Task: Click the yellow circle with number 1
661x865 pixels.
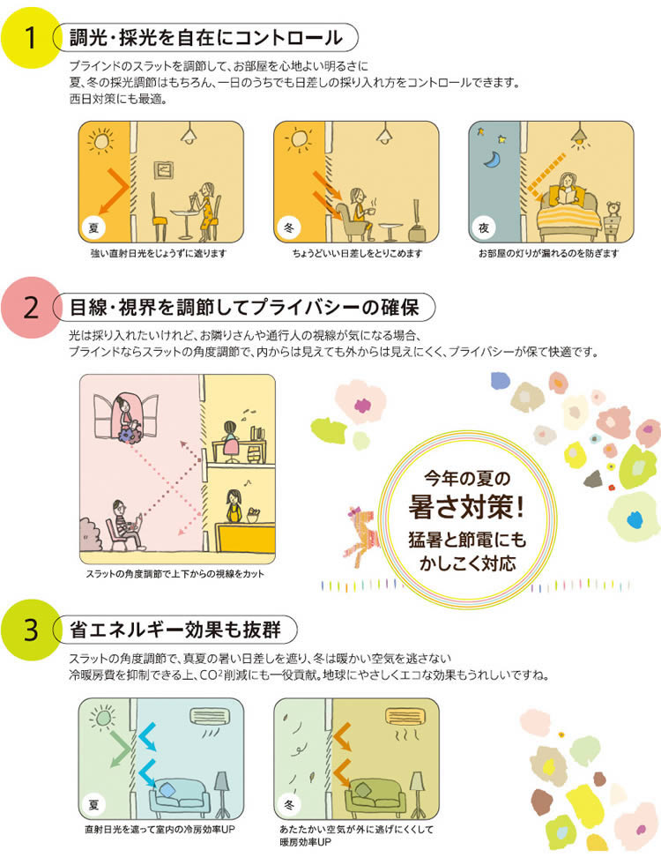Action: point(30,38)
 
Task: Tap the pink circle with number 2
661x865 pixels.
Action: point(30,307)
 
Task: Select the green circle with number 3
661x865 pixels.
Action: point(30,630)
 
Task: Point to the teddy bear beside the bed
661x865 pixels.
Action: point(613,209)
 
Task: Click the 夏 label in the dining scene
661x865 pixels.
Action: point(93,227)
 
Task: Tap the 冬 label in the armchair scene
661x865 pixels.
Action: point(289,227)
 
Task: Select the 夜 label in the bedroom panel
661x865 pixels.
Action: point(484,227)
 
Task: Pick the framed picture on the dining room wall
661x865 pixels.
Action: point(163,170)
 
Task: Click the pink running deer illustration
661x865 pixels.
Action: point(360,531)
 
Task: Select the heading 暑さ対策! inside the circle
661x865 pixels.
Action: point(466,506)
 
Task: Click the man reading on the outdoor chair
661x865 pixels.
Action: point(126,524)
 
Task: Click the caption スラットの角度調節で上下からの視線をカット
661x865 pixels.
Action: point(175,574)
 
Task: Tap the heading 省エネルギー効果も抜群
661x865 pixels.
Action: point(175,630)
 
